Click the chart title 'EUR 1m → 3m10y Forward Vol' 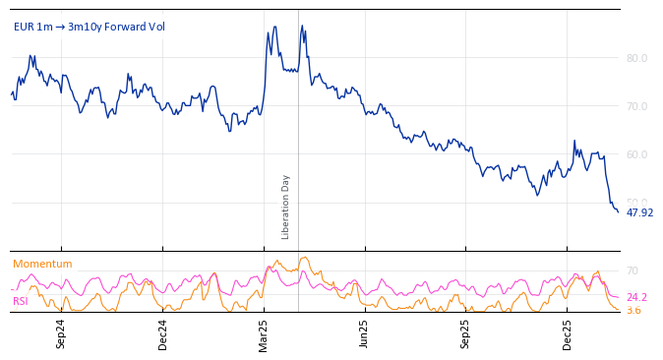[x=90, y=27]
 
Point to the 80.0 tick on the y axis [x=636, y=58]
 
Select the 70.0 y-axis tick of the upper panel [x=636, y=106]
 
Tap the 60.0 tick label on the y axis [x=636, y=154]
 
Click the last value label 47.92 [x=639, y=212]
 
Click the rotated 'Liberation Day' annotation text [x=286, y=207]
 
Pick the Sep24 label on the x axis [x=61, y=333]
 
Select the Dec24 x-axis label [x=163, y=333]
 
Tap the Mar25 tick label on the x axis [x=264, y=333]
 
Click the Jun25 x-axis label [x=365, y=333]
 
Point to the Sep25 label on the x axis [x=466, y=333]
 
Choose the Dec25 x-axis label [x=568, y=333]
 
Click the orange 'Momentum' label [x=42, y=264]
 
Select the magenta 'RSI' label [x=21, y=301]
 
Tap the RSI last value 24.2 [x=636, y=297]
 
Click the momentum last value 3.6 [x=633, y=310]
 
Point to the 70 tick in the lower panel [x=633, y=270]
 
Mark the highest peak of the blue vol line [x=302, y=26]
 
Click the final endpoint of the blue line [x=618, y=211]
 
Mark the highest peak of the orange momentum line [x=305, y=258]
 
